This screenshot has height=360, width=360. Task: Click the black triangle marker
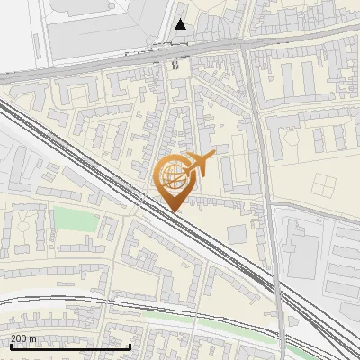(x=181, y=24)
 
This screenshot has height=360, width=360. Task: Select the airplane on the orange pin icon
(x=200, y=165)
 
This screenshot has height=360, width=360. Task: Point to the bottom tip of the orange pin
(x=174, y=212)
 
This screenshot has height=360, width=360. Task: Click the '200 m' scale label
(x=23, y=338)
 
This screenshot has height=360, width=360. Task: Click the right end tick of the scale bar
(x=130, y=346)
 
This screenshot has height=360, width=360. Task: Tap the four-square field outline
(x=324, y=185)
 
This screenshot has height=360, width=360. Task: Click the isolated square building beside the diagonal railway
(x=237, y=235)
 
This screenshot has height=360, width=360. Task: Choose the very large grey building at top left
(x=99, y=27)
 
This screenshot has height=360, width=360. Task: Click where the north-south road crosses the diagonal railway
(x=276, y=286)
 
